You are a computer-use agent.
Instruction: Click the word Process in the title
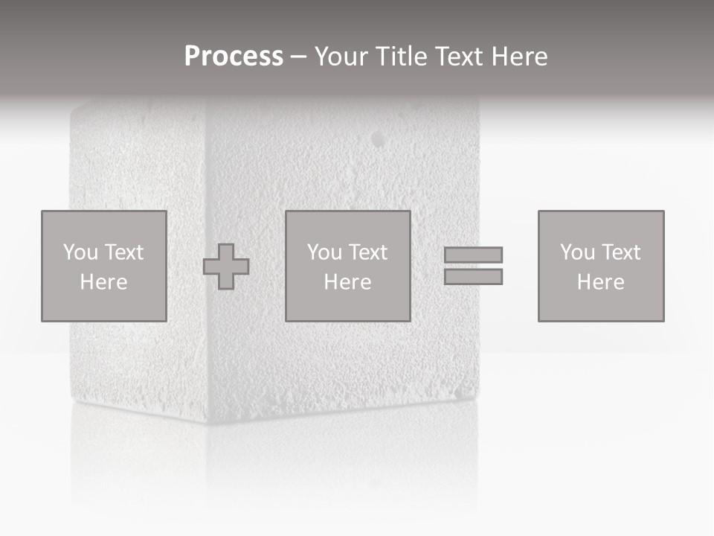[234, 57]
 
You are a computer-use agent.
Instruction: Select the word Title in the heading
[400, 57]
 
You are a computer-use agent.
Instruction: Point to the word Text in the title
[457, 57]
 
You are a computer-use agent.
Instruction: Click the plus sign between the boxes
[226, 267]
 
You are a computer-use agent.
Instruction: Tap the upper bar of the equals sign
[473, 255]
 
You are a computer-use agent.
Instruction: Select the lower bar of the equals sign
[473, 277]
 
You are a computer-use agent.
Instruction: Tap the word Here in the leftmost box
[103, 282]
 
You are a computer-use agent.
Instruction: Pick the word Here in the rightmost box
[600, 282]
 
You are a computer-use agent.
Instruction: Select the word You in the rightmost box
[577, 252]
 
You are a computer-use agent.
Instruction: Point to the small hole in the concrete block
[379, 139]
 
